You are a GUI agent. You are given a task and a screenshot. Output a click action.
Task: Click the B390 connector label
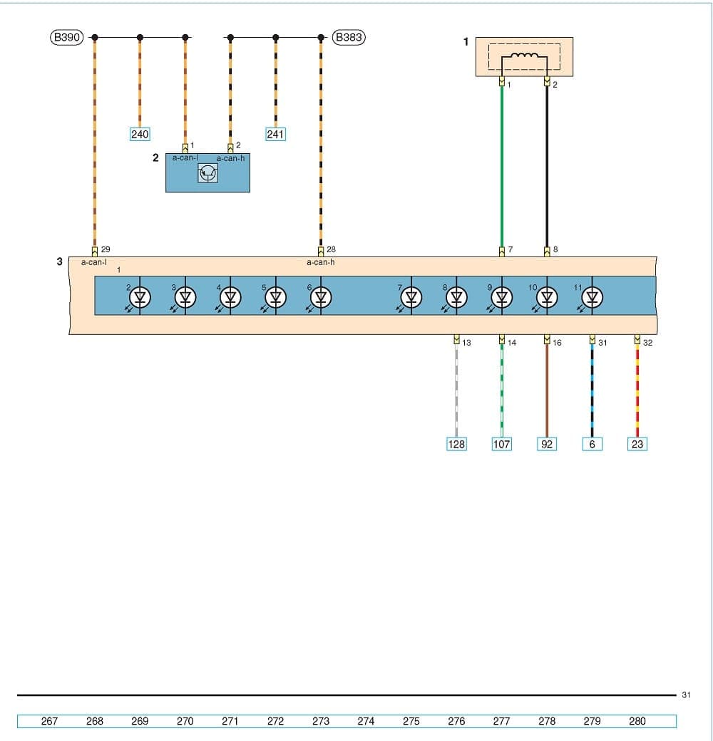point(67,37)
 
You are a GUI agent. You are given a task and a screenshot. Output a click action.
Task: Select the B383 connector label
point(349,37)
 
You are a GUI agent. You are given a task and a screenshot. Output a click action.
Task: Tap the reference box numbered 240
point(140,134)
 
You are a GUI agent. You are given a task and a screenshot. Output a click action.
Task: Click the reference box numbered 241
point(276,134)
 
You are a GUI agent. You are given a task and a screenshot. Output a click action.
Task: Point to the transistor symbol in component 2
point(207,173)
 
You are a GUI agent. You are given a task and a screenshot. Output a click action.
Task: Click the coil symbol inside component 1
point(524,58)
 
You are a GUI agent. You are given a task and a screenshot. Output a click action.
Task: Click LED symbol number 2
point(140,297)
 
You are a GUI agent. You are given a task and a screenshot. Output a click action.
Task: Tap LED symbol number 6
point(321,297)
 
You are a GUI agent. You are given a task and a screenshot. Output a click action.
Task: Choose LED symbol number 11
point(591,297)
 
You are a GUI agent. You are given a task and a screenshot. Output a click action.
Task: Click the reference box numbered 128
point(456,444)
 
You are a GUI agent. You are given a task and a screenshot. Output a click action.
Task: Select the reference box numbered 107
point(502,444)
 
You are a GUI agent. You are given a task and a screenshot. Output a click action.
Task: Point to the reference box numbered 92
point(547,444)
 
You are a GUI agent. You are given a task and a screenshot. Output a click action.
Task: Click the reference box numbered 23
point(637,444)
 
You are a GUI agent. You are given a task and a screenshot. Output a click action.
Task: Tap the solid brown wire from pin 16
point(547,392)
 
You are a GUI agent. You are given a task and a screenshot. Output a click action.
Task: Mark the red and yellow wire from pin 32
point(637,392)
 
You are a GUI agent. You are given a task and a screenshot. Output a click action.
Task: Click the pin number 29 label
point(106,250)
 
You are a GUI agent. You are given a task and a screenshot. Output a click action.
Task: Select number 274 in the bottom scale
point(366,721)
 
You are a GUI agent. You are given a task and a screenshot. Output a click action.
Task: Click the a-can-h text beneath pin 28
point(321,262)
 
